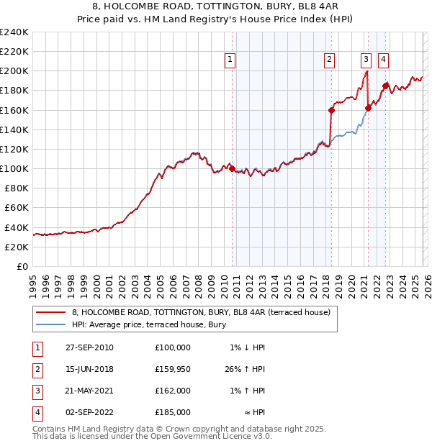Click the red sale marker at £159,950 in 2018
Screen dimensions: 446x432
pos(331,110)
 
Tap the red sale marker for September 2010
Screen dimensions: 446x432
pos(232,168)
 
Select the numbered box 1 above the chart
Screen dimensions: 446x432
pos(230,60)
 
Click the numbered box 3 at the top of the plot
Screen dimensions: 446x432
pos(366,60)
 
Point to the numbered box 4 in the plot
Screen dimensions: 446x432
pos(384,60)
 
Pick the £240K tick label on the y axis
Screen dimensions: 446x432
pos(14,32)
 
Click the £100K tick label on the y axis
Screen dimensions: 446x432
pos(14,168)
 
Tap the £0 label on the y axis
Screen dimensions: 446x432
pos(23,266)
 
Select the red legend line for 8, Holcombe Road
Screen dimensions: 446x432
pos(51,312)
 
